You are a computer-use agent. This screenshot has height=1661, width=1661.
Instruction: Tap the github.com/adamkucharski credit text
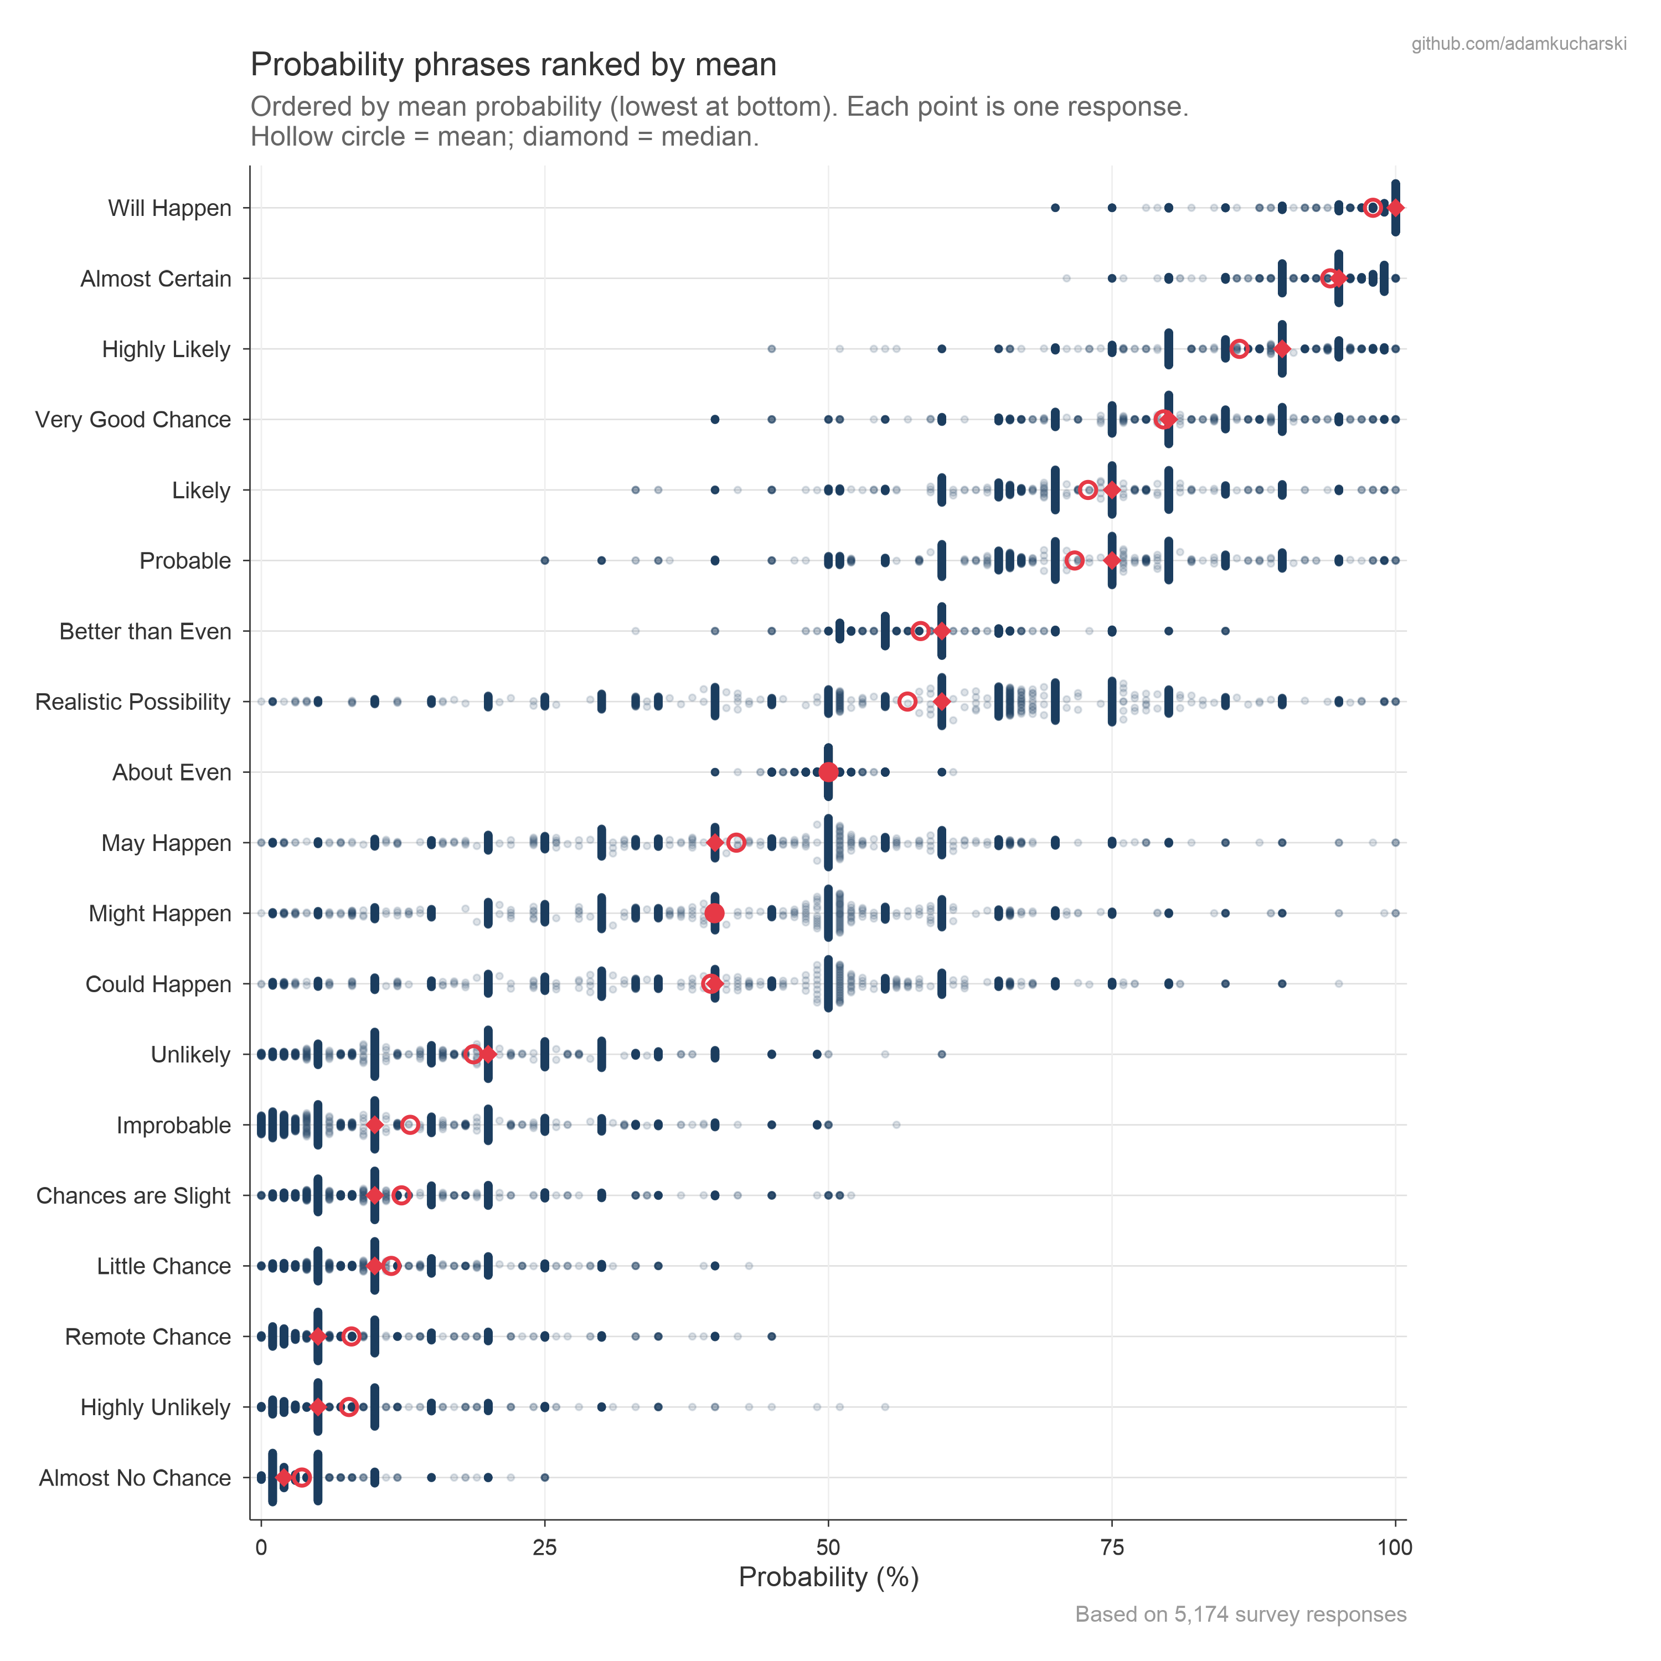coord(1518,44)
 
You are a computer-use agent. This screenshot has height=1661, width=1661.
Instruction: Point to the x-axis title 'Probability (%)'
coord(828,1577)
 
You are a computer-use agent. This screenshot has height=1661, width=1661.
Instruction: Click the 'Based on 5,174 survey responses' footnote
coord(1240,1614)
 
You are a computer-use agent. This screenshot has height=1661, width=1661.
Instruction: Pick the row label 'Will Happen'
coord(169,208)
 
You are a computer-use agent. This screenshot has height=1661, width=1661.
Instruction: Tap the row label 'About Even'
coord(172,772)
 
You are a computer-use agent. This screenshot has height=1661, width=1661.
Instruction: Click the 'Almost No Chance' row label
coord(135,1477)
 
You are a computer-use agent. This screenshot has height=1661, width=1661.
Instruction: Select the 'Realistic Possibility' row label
coord(133,701)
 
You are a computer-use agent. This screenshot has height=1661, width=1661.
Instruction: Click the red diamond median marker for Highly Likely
coord(1282,349)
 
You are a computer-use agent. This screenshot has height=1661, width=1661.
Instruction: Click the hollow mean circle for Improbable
coord(410,1124)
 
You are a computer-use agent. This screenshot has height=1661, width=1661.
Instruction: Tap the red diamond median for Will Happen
coord(1395,208)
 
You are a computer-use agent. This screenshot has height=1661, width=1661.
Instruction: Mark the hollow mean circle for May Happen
coord(736,843)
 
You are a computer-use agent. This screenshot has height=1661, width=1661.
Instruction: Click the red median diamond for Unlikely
coord(487,1054)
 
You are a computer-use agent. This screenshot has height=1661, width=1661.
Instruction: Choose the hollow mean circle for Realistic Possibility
coord(907,701)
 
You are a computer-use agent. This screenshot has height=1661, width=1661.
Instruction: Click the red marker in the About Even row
coord(828,772)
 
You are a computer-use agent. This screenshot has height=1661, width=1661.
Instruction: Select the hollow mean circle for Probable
coord(1074,560)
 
